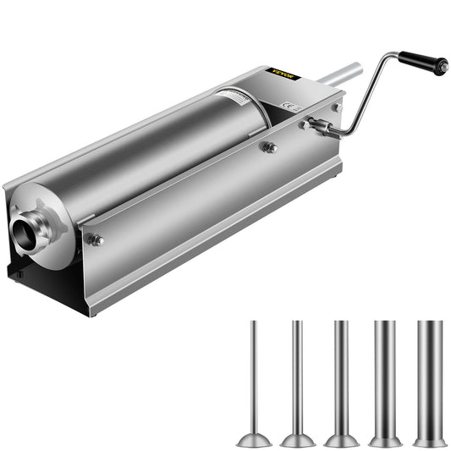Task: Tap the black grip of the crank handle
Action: pyautogui.click(x=423, y=61)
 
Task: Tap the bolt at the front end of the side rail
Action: pyautogui.click(x=96, y=240)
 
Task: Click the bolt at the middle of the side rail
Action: pyautogui.click(x=270, y=148)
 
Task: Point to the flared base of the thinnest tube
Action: pyautogui.click(x=253, y=439)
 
